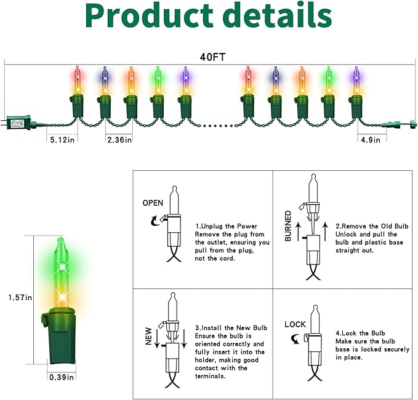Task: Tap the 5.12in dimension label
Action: [62, 139]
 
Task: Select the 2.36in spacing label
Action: [119, 139]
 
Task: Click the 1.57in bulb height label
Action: [20, 298]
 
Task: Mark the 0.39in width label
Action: [62, 377]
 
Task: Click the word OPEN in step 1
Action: [153, 203]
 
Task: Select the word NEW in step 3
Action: [148, 337]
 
